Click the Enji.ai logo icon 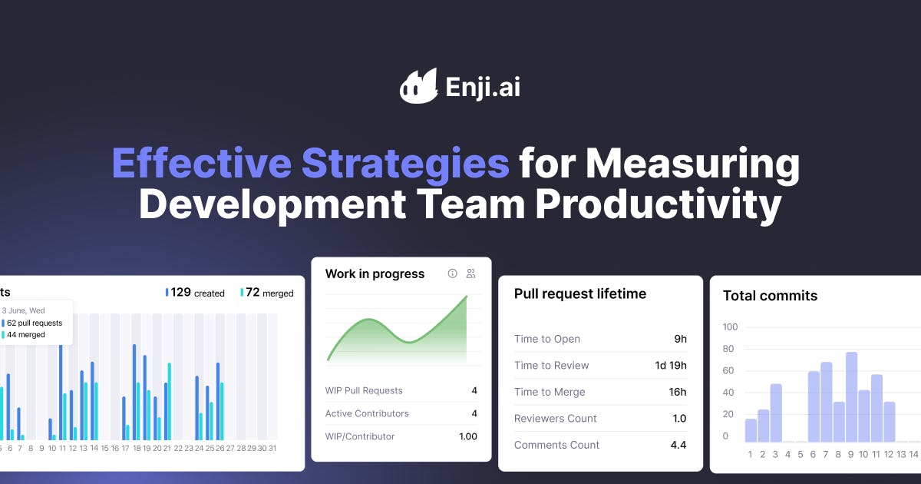418,85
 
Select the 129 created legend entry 195,293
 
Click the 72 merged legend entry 267,293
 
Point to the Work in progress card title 375,274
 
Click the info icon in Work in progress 453,273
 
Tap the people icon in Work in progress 471,273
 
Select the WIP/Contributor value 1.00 467,436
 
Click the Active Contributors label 367,413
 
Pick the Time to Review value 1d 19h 670,366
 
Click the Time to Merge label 550,392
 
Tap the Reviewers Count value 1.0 678,419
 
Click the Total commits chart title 770,296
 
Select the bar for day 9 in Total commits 851,397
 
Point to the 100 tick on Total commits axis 730,327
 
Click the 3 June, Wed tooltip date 23,311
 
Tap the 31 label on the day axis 272,448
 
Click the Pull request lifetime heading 579,293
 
